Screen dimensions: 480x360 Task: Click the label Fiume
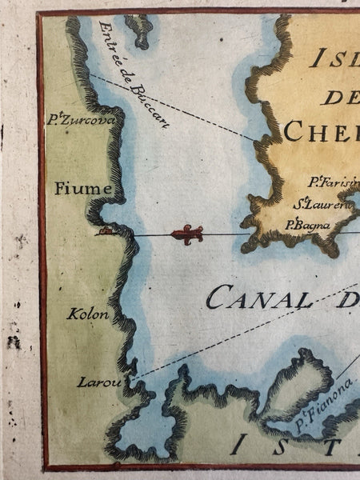(77, 189)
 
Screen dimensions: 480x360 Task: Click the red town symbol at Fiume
(104, 232)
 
